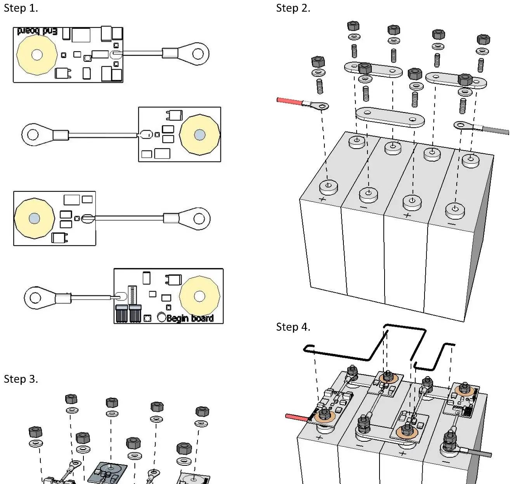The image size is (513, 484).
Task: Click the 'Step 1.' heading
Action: pos(21,8)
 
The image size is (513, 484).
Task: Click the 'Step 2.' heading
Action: pos(293,8)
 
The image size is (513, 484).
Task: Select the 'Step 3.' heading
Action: pos(21,379)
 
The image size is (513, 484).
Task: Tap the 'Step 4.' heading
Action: pos(293,327)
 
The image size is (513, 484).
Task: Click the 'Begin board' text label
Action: pos(190,318)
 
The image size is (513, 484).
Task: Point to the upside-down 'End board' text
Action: pos(37,31)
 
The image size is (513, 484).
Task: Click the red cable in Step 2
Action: pos(289,101)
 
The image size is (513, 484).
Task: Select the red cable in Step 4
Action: pos(296,417)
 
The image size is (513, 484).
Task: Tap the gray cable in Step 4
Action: pos(479,453)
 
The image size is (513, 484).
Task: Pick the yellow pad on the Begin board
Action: pos(199,297)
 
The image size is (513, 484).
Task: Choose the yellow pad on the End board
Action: pos(37,55)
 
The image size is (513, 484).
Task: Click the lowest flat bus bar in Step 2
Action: pos(390,117)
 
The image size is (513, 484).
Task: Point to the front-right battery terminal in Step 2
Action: pos(455,210)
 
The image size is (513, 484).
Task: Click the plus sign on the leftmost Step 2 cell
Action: pos(322,199)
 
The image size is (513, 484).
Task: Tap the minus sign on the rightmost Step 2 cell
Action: pos(452,224)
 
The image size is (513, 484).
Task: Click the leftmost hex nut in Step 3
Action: pos(35,432)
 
